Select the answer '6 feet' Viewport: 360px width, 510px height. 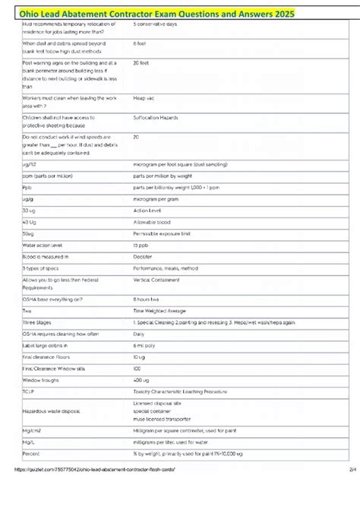pos(140,43)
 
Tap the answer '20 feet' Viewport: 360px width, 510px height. pos(141,64)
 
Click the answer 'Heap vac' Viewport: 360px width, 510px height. pos(144,98)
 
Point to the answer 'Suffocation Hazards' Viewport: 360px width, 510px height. pos(156,118)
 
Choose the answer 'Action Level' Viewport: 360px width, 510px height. pos(148,210)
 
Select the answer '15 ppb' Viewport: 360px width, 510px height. pos(141,246)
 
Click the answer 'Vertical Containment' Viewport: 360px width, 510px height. pos(156,280)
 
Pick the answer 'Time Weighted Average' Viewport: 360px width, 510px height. pos(159,311)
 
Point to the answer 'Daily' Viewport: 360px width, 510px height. pos(139,333)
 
